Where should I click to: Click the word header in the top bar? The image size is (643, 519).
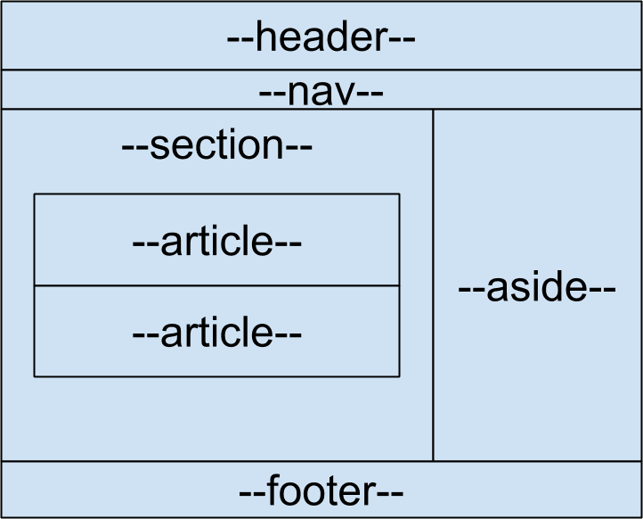click(321, 38)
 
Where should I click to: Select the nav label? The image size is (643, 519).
click(321, 92)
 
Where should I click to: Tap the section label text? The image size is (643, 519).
click(217, 146)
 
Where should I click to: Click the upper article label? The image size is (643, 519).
click(217, 242)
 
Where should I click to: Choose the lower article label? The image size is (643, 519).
click(217, 333)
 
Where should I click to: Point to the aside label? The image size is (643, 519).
click(537, 289)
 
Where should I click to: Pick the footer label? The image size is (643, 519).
click(321, 491)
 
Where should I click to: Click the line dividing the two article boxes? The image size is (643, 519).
click(216, 286)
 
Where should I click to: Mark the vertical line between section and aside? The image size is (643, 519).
click(434, 285)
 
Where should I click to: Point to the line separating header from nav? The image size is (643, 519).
click(321, 70)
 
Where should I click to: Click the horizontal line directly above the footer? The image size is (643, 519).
click(321, 461)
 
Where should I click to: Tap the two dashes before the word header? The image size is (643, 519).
click(240, 40)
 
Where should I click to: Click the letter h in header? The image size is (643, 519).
click(265, 38)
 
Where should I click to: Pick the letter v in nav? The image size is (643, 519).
click(346, 93)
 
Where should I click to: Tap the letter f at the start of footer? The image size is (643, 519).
click(272, 490)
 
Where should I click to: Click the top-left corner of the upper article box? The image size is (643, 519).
click(34, 194)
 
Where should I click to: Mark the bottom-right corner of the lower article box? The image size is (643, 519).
click(399, 376)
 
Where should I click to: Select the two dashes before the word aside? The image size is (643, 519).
click(472, 291)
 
